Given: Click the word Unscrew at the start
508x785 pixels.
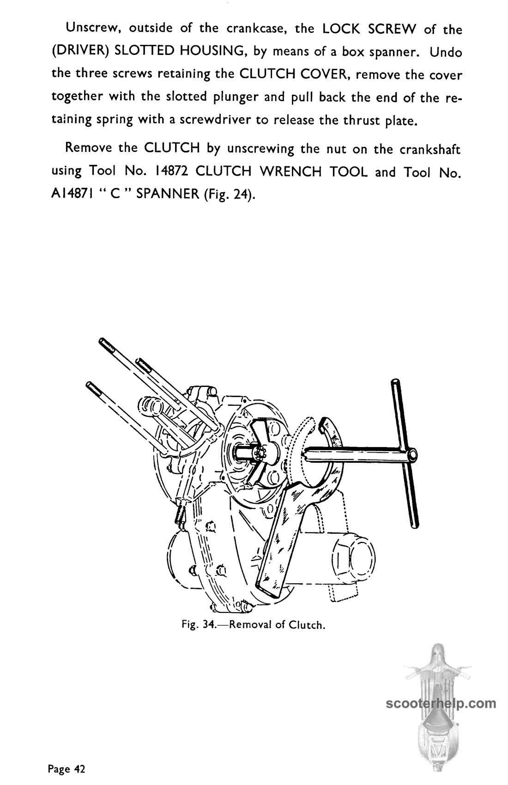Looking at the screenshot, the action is click(x=93, y=28).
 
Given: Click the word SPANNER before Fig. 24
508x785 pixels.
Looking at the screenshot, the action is click(x=168, y=194).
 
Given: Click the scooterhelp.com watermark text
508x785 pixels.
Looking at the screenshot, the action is click(x=441, y=703).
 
